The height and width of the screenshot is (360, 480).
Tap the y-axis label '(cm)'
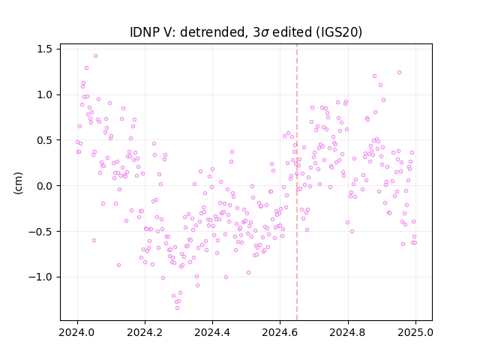(18, 183)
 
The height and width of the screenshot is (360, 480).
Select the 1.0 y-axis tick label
(45, 94)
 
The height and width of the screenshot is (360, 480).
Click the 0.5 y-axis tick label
(45, 140)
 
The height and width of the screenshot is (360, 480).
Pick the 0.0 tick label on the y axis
(45, 186)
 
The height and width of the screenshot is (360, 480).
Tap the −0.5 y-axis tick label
(40, 232)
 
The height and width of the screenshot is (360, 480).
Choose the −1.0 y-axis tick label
(40, 277)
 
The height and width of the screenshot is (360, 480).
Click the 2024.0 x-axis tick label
(77, 332)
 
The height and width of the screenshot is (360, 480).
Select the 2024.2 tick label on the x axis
(145, 332)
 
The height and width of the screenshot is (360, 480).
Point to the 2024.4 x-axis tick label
(212, 332)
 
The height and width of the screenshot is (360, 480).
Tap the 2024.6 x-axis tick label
(280, 332)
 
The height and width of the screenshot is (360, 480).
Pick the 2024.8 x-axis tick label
(348, 332)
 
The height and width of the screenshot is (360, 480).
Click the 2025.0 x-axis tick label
(415, 332)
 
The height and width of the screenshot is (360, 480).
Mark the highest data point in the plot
(95, 56)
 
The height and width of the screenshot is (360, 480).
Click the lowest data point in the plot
(177, 308)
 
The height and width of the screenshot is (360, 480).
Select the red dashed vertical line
(297, 182)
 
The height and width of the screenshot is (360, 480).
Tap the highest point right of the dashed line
(399, 73)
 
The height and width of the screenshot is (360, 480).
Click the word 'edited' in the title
(292, 32)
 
